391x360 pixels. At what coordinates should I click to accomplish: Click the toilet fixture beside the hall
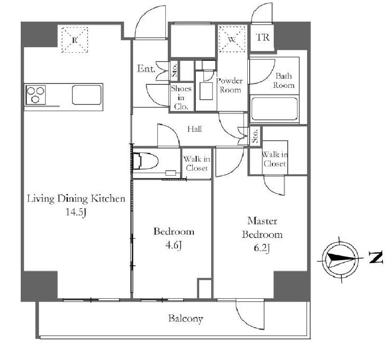(146, 161)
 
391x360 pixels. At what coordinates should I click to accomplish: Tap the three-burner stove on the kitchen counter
(36, 95)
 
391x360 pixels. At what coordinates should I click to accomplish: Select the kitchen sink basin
(87, 95)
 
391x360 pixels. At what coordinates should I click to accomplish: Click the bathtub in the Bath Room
(274, 109)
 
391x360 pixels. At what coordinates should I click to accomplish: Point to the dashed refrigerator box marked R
(75, 40)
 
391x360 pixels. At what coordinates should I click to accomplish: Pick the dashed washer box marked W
(232, 39)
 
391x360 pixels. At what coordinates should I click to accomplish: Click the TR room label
(263, 38)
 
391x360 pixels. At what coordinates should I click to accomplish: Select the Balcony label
(186, 318)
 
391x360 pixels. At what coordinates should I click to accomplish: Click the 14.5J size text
(76, 212)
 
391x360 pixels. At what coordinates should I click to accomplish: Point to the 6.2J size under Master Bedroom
(262, 248)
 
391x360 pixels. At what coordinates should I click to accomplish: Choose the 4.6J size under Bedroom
(173, 246)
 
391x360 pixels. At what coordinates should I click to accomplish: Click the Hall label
(195, 129)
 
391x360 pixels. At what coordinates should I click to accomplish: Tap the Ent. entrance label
(146, 69)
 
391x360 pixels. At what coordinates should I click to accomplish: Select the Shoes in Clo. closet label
(181, 97)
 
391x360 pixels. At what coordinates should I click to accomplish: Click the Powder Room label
(229, 85)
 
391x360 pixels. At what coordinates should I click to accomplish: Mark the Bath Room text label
(283, 81)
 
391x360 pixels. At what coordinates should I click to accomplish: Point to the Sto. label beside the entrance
(175, 70)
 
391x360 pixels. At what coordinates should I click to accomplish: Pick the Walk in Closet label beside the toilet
(197, 163)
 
